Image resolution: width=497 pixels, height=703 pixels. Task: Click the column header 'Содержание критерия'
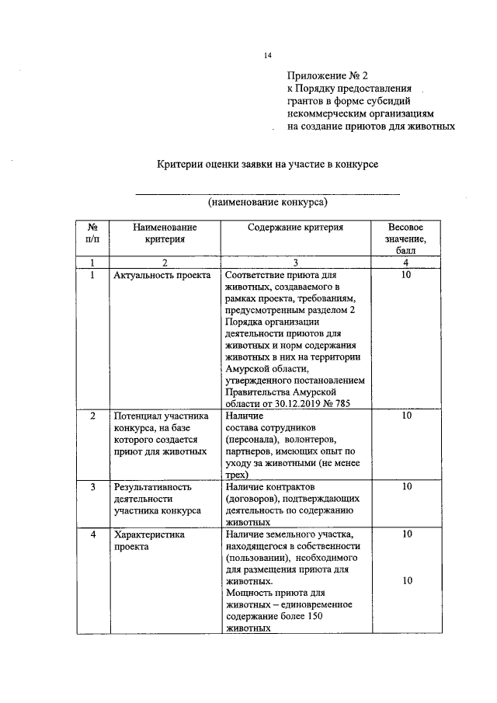tap(295, 228)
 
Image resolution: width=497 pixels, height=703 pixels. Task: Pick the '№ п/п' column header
tap(92, 233)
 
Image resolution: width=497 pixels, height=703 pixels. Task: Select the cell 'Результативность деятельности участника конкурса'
tap(158, 499)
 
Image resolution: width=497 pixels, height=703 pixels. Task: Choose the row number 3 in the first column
tap(92, 487)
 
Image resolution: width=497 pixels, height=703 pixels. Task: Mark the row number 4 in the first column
tap(92, 534)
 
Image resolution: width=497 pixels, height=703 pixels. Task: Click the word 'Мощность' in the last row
tap(248, 593)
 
